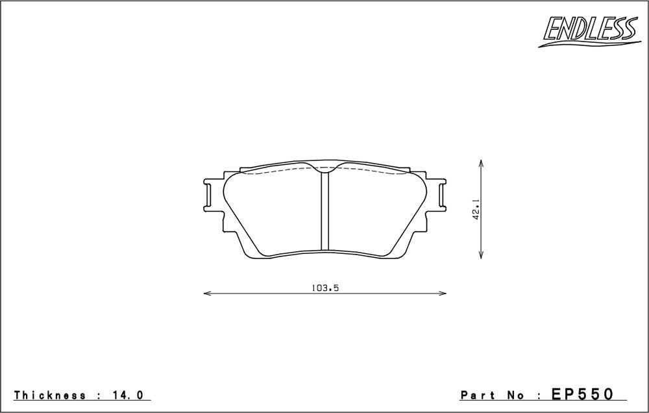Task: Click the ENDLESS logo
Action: pos(589,31)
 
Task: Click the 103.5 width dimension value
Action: pos(325,288)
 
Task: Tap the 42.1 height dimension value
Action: pos(476,210)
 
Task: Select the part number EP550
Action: pos(582,394)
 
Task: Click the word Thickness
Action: pos(50,395)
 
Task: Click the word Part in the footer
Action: pos(478,395)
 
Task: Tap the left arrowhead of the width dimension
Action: pos(207,294)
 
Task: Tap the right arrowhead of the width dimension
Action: pos(443,294)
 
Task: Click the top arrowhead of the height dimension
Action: pos(480,163)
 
